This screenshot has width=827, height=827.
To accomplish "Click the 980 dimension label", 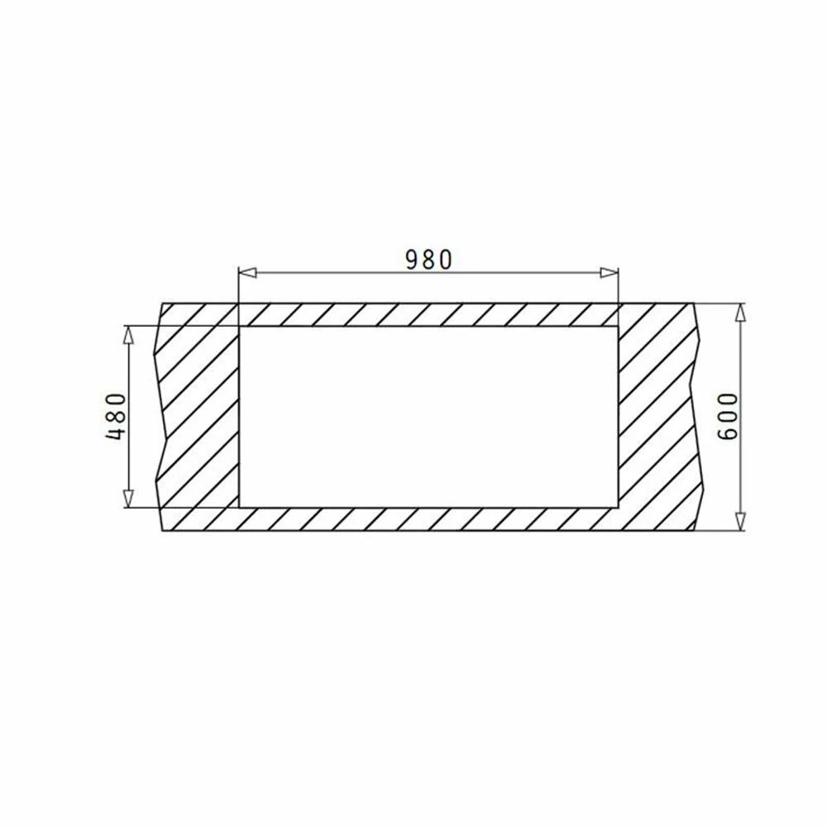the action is tap(428, 260).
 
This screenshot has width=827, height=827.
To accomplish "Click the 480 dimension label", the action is tap(117, 417).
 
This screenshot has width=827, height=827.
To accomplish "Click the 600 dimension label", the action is tap(729, 417).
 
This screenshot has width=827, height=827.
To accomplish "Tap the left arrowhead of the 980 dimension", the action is tap(247, 273).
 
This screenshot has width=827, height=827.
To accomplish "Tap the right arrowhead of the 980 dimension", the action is tap(609, 273).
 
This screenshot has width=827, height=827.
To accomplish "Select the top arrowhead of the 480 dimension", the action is tap(128, 334).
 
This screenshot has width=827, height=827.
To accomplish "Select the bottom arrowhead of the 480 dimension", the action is tap(128, 499).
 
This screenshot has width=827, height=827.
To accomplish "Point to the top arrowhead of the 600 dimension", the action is tap(740, 313).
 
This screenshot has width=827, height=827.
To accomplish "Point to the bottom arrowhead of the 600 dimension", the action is tap(740, 522).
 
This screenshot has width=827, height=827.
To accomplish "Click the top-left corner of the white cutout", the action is tap(240, 327).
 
